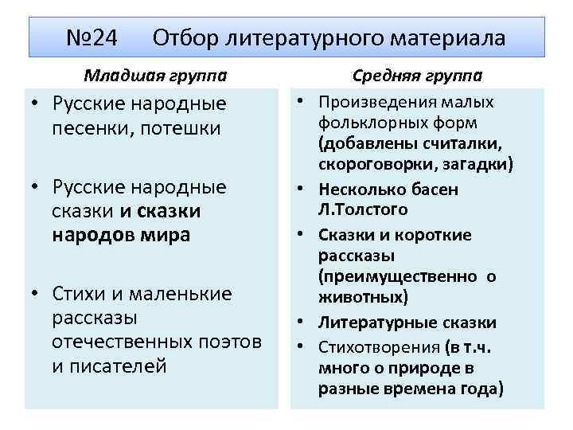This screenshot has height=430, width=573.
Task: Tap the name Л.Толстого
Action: [363, 210]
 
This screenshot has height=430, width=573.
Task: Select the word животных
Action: [363, 297]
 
